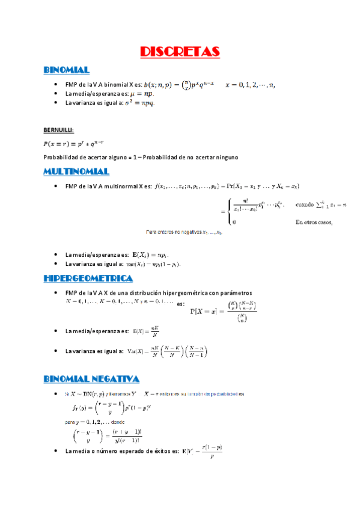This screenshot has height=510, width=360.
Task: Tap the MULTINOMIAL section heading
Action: click(x=76, y=172)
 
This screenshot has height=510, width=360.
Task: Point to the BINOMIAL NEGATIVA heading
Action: click(x=91, y=378)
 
